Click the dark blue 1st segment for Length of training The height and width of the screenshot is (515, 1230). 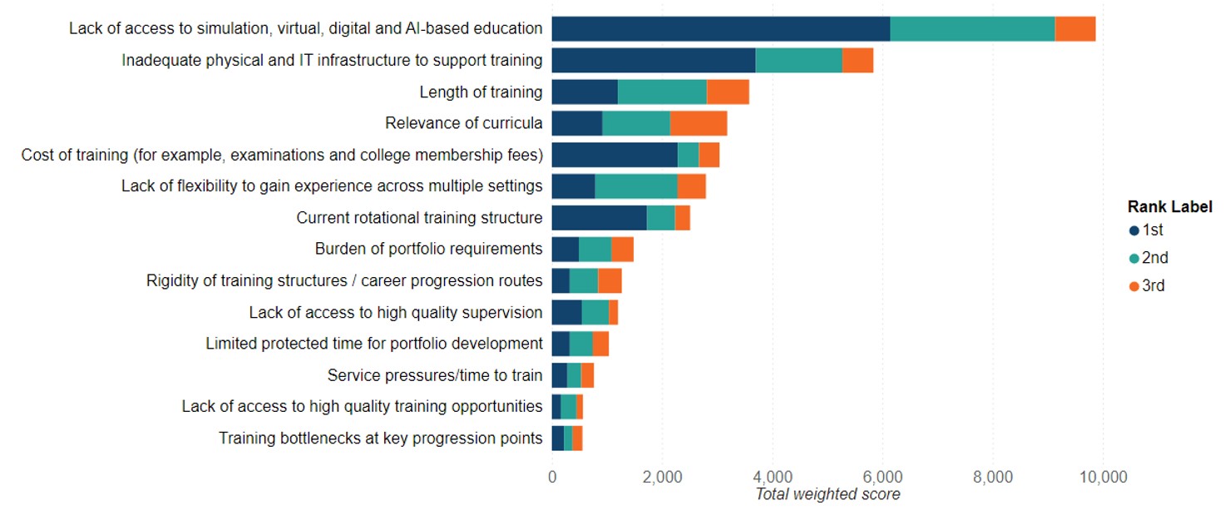tap(585, 92)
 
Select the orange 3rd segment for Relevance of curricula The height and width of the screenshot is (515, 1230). tap(699, 123)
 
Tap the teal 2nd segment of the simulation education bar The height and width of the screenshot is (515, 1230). tap(972, 28)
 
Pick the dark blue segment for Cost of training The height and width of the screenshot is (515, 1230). tap(615, 155)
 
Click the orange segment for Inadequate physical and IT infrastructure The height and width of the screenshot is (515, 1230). tap(857, 60)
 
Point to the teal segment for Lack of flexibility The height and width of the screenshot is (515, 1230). tap(636, 186)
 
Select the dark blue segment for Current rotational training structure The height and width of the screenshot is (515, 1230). tap(599, 218)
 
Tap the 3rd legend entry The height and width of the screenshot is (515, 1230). tap(1153, 285)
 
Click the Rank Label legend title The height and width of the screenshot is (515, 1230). tap(1169, 206)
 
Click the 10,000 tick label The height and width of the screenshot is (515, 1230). tap(1103, 477)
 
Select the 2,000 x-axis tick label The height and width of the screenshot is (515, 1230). tap(662, 477)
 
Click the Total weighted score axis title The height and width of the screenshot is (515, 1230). tap(827, 494)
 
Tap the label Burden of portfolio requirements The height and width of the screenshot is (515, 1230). tap(428, 249)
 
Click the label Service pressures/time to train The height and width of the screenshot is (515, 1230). tap(435, 375)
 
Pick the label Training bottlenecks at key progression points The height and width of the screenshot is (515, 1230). tap(380, 438)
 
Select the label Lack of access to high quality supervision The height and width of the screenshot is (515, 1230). tap(395, 312)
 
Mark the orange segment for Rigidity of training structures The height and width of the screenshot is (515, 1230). tap(610, 281)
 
